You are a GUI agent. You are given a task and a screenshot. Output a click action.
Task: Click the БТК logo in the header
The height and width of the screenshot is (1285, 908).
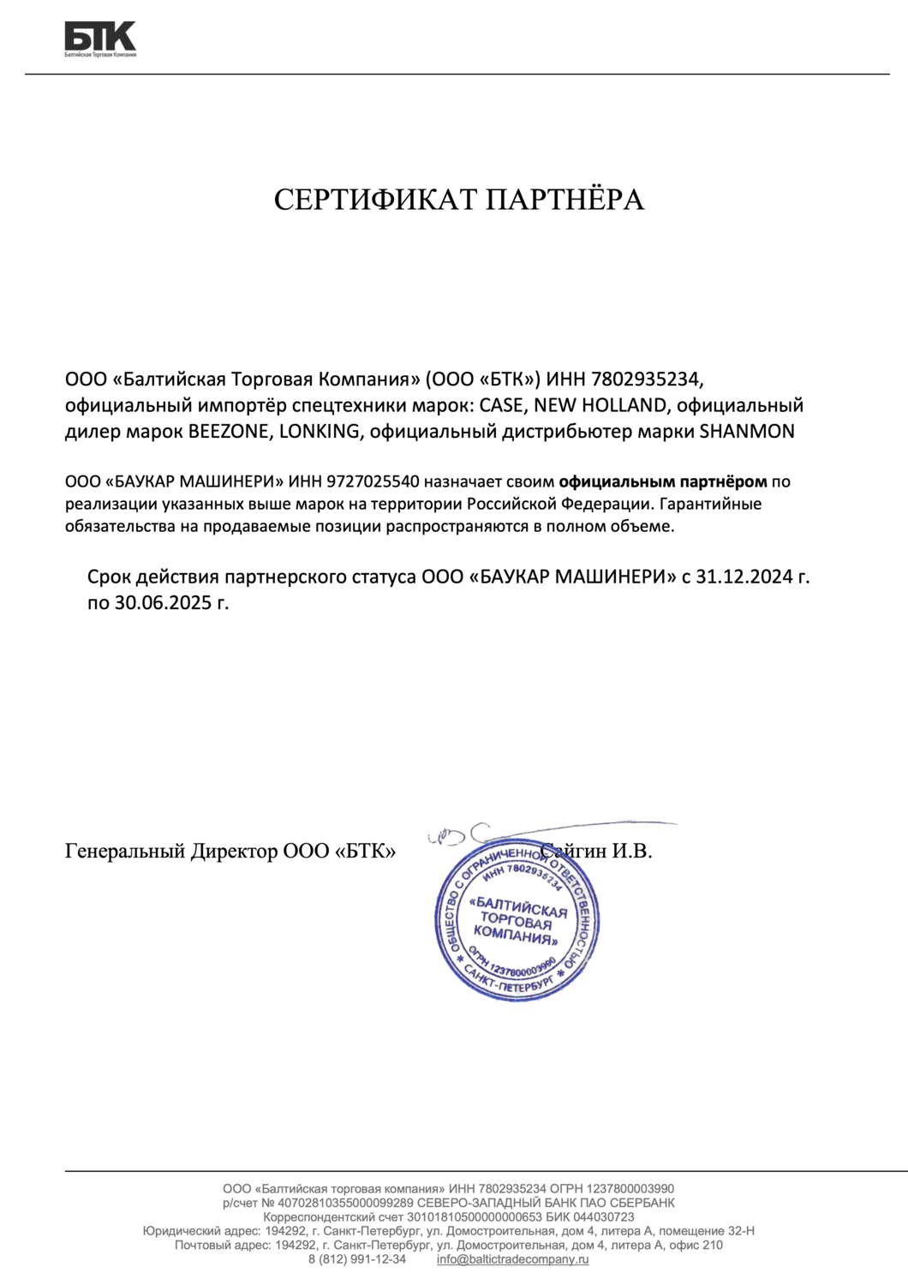click(x=100, y=39)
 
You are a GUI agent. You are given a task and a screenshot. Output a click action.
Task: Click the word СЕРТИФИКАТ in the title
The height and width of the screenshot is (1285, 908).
click(x=376, y=200)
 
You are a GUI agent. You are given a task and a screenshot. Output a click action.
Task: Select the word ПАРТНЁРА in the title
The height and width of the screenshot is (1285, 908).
click(x=565, y=200)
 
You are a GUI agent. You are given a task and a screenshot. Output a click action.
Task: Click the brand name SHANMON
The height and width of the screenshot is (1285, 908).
click(x=747, y=431)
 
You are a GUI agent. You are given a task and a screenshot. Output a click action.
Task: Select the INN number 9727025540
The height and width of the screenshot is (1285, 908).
click(x=373, y=482)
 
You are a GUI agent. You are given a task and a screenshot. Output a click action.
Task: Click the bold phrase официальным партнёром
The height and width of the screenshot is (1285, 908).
click(x=662, y=482)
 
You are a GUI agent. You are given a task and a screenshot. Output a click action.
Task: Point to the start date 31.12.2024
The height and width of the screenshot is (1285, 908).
click(x=744, y=577)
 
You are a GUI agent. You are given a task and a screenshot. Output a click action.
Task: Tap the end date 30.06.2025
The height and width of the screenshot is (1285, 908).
click(x=163, y=602)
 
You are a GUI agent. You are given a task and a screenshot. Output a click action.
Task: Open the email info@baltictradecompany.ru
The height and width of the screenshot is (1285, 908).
click(x=512, y=1259)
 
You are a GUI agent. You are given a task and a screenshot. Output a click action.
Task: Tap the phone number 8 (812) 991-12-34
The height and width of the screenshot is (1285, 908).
click(x=357, y=1259)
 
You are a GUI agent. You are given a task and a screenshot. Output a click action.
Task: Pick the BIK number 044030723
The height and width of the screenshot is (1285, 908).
click(x=604, y=1217)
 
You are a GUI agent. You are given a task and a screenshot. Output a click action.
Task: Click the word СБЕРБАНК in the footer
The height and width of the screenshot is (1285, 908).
click(x=643, y=1203)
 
